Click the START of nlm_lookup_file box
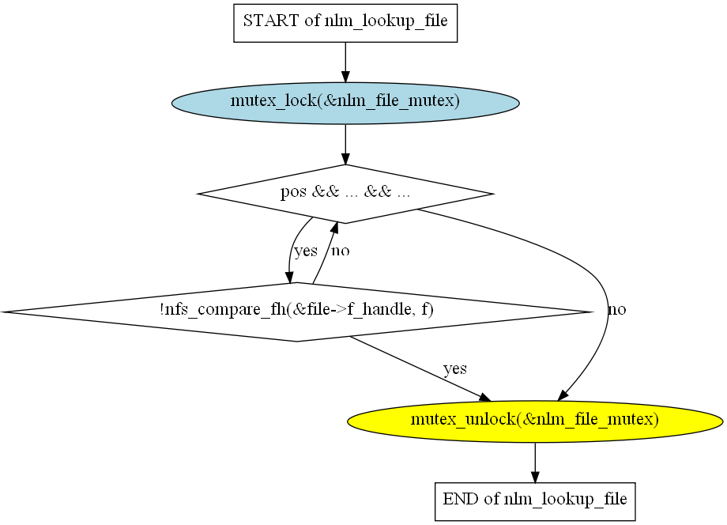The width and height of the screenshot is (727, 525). pyautogui.click(x=345, y=21)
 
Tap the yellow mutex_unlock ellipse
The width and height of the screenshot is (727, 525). pyautogui.click(x=535, y=420)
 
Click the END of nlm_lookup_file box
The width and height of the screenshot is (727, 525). pyautogui.click(x=535, y=500)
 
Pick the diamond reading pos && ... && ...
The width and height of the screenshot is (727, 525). pyautogui.click(x=345, y=193)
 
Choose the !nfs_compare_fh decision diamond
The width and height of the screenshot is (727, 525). pyautogui.click(x=296, y=312)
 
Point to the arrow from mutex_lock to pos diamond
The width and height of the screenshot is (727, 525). pyautogui.click(x=345, y=144)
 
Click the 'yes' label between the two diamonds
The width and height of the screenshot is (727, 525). pyautogui.click(x=305, y=251)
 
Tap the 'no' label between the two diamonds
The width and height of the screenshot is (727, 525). pyautogui.click(x=340, y=251)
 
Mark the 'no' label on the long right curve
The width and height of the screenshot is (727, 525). pyautogui.click(x=616, y=310)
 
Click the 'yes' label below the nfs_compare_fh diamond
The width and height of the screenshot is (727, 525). pyautogui.click(x=455, y=368)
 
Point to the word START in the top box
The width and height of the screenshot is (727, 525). pyautogui.click(x=267, y=21)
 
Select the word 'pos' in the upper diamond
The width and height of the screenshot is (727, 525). pyautogui.click(x=293, y=193)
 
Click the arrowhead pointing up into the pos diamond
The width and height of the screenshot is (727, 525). pyautogui.click(x=335, y=229)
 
